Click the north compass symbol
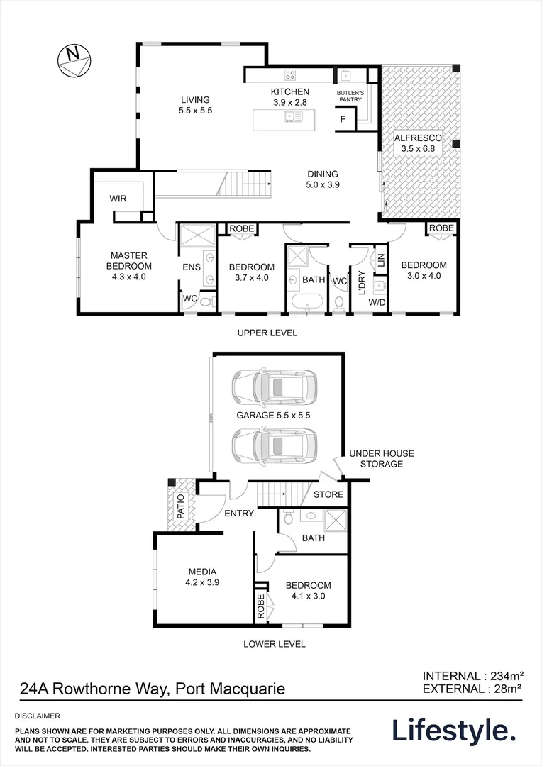(x=74, y=61)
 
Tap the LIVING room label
(x=196, y=100)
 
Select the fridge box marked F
(x=343, y=119)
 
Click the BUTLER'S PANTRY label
(x=350, y=96)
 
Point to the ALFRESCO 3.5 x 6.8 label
(x=418, y=143)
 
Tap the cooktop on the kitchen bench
(x=290, y=74)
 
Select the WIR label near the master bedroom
(x=118, y=199)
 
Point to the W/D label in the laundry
(x=377, y=302)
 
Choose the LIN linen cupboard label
(x=381, y=260)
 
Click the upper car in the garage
(x=273, y=389)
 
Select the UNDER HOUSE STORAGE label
(x=381, y=459)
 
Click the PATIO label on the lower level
(x=180, y=506)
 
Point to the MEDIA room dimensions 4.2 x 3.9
(x=202, y=582)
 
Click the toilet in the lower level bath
(x=288, y=517)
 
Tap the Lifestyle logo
(x=454, y=731)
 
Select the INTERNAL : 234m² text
(x=473, y=676)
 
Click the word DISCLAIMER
(x=38, y=716)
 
